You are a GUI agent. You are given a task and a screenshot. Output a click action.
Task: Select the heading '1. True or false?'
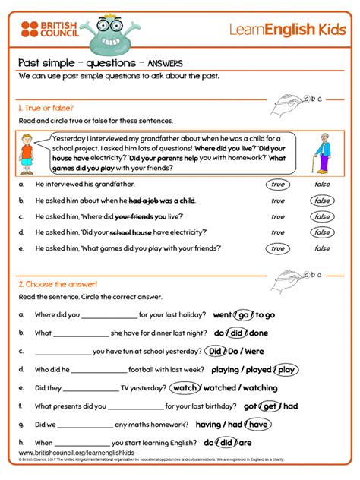(46, 108)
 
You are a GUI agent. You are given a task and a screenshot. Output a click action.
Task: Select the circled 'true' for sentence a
(277, 184)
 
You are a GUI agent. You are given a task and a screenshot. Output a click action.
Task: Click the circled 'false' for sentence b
(322, 201)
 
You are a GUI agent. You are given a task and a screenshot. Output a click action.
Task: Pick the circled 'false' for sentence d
(322, 232)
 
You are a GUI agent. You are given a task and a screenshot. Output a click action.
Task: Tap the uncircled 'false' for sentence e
(322, 248)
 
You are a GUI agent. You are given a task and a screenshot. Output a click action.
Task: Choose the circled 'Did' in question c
(215, 351)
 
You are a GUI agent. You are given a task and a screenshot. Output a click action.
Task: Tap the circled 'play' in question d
(286, 370)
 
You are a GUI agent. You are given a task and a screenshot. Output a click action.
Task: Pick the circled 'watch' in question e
(185, 388)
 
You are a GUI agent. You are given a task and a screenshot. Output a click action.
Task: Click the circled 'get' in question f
(270, 406)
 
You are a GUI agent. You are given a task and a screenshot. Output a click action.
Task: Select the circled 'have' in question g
(257, 425)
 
